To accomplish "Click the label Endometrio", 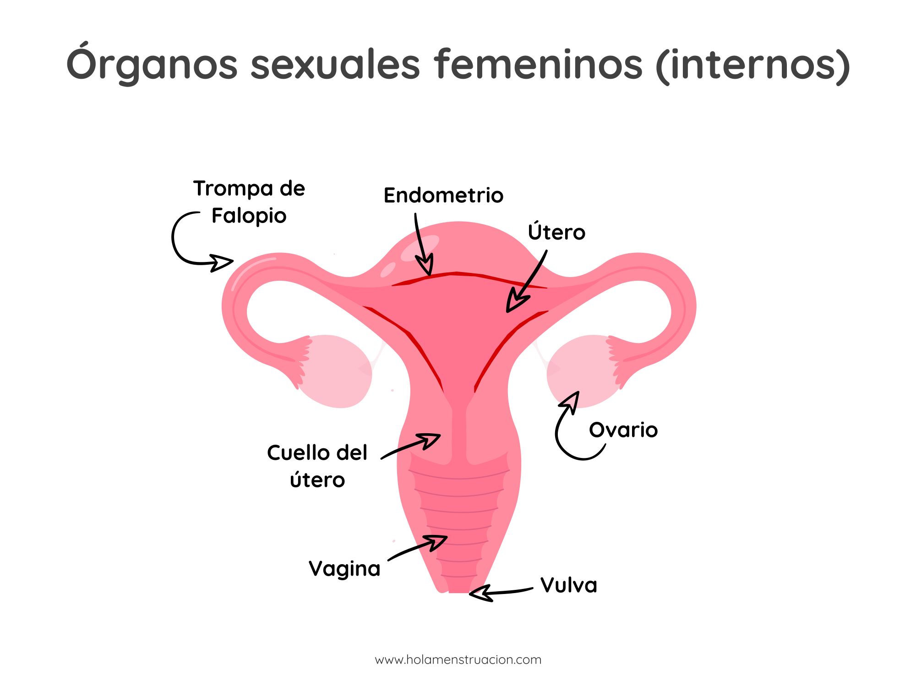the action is click(x=443, y=196).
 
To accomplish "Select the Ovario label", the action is click(x=623, y=430).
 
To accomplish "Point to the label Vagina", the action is click(x=344, y=569).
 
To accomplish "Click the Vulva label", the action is click(x=569, y=585).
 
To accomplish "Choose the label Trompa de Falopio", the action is click(x=249, y=202).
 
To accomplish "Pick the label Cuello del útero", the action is click(x=317, y=466).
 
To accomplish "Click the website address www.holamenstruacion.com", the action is click(x=458, y=660).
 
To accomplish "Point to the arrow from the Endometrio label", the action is click(x=421, y=245).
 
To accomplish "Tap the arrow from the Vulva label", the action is click(x=502, y=592).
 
